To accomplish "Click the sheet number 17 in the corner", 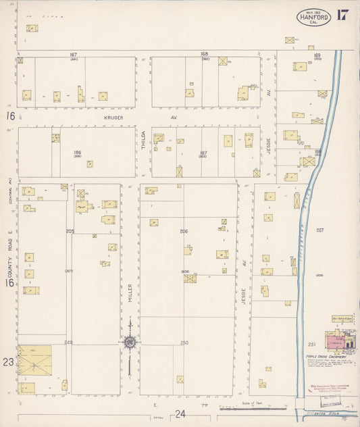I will click(342, 15).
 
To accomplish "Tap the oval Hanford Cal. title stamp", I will click(313, 17).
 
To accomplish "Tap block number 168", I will click(204, 54).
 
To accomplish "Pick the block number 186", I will click(77, 153).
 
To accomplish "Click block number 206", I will click(183, 231).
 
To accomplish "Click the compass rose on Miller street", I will click(129, 342).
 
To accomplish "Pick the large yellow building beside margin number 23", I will click(34, 361).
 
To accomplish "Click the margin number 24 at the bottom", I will click(180, 413).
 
